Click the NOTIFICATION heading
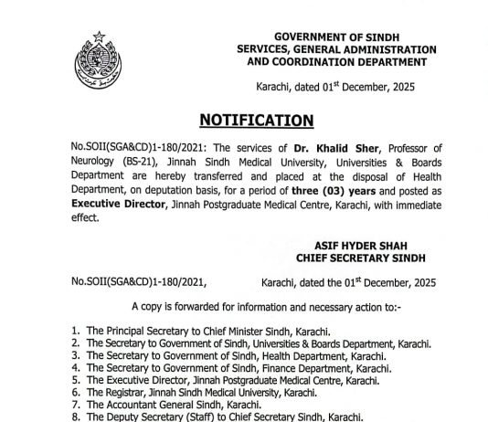(255, 120)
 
